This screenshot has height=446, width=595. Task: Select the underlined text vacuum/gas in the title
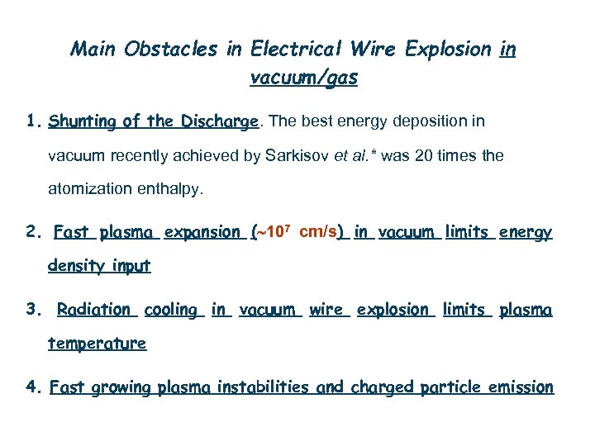[x=303, y=78]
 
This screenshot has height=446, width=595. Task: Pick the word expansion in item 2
[x=202, y=233]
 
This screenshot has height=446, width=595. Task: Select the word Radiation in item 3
[x=93, y=310]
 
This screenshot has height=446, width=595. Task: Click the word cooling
[x=171, y=310]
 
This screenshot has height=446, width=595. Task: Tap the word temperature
[x=97, y=344]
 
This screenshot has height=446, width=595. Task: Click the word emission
[x=521, y=387]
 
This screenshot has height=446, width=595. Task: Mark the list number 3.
[x=31, y=310]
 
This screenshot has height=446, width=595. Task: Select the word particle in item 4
[x=451, y=387]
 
